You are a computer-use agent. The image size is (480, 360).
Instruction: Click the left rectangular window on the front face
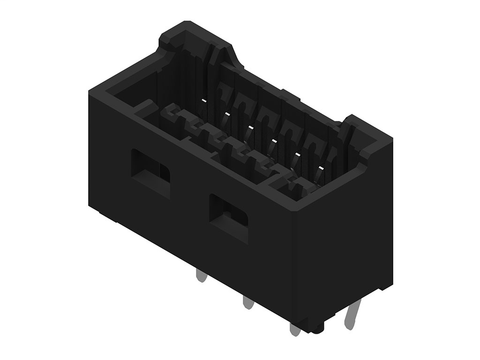(x=150, y=173)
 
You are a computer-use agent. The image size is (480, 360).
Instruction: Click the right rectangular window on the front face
(x=229, y=215)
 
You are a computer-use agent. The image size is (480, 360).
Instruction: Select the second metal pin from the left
(x=246, y=301)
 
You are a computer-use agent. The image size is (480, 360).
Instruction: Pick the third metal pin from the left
(x=293, y=327)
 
